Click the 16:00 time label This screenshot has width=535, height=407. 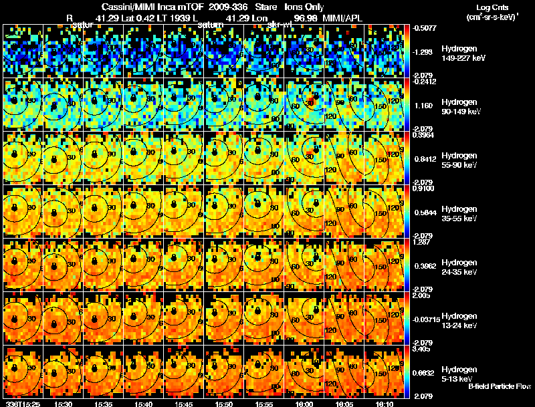[304, 403]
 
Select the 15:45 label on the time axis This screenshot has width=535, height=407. [183, 403]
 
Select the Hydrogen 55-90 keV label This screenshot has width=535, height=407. [460, 160]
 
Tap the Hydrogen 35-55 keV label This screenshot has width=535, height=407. [460, 213]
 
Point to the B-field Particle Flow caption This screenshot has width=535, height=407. [499, 386]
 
